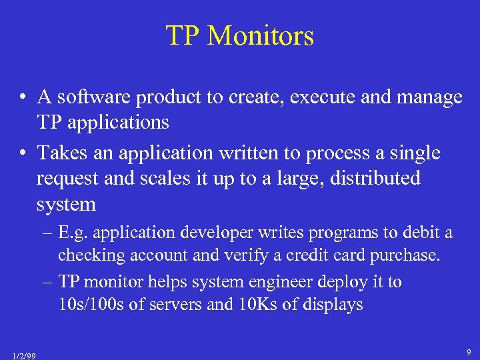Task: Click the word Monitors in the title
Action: click(x=261, y=35)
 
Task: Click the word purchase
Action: click(x=406, y=255)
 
